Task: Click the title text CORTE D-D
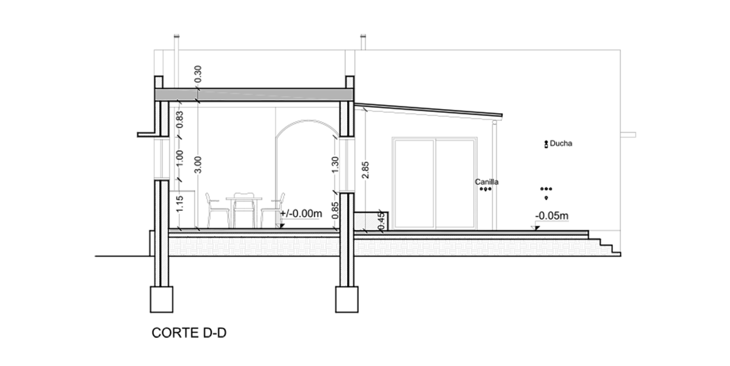pyautogui.click(x=189, y=333)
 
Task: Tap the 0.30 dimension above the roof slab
pyautogui.click(x=198, y=74)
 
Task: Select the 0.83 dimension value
pyautogui.click(x=180, y=120)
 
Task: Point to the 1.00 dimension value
pyautogui.click(x=180, y=158)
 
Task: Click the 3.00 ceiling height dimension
pyautogui.click(x=198, y=165)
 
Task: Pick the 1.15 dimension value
pyautogui.click(x=180, y=204)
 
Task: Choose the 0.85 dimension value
pyautogui.click(x=335, y=210)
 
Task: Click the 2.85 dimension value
pyautogui.click(x=365, y=170)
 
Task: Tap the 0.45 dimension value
pyautogui.click(x=381, y=222)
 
